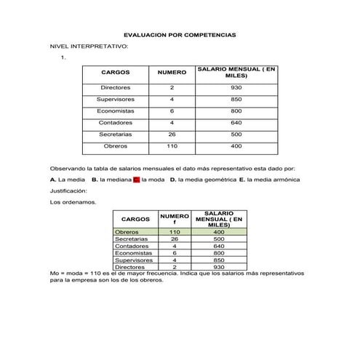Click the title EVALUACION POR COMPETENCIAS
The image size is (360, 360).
click(180, 34)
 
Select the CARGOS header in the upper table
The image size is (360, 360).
click(116, 73)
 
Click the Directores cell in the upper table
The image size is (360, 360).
click(116, 87)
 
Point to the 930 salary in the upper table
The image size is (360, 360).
click(236, 87)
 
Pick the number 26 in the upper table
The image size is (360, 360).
click(172, 134)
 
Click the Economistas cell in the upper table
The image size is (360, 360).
click(116, 111)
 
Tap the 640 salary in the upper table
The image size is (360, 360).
click(236, 122)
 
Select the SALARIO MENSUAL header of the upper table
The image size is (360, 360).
click(236, 72)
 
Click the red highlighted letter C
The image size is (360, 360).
click(136, 179)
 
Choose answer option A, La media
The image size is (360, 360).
click(68, 179)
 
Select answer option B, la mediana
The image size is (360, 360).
click(109, 179)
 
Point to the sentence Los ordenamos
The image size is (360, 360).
click(72, 202)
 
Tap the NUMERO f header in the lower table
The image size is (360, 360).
click(175, 218)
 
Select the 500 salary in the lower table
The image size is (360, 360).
click(219, 239)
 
